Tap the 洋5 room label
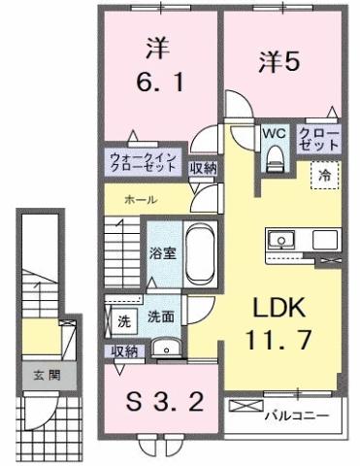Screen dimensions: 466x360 278,61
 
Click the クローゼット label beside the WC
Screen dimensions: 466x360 318,139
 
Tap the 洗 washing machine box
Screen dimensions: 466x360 123,317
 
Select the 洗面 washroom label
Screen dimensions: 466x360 161,316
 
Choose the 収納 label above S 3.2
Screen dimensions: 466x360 123,350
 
